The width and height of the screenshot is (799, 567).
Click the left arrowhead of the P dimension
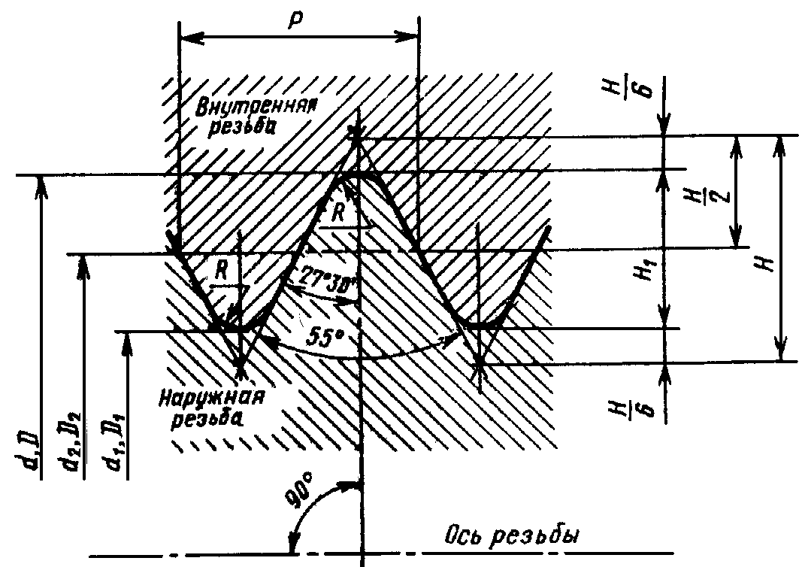click(186, 35)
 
